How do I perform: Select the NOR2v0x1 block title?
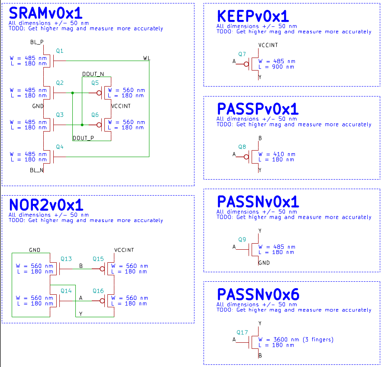tap(46, 205)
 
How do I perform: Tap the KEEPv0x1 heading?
tap(253, 16)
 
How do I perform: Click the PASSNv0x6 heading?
tap(258, 295)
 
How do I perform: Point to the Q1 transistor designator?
tap(60, 51)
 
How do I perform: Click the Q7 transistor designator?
tap(242, 54)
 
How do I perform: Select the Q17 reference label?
tap(242, 332)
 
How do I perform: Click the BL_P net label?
tap(37, 42)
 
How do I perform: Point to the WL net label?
tap(146, 58)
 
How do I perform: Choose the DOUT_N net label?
tap(93, 74)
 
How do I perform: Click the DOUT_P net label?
tap(84, 138)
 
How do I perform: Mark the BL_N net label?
tap(37, 170)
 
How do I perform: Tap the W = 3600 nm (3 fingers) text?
tap(296, 339)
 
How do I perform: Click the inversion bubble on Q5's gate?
tap(99, 93)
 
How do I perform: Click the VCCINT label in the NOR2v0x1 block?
tap(124, 250)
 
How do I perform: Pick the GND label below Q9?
tap(264, 263)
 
